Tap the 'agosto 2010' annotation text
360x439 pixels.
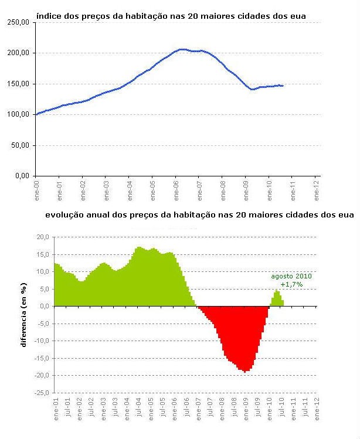pos(291,276)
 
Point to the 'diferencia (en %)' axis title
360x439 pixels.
pos(25,315)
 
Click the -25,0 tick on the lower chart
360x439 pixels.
pos(41,393)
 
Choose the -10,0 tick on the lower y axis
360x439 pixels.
pos(41,341)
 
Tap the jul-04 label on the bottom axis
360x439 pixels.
pos(138,408)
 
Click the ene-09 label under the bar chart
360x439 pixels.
pos(246,408)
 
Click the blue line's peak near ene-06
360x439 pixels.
pos(182,50)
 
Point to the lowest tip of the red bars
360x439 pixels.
pos(244,372)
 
